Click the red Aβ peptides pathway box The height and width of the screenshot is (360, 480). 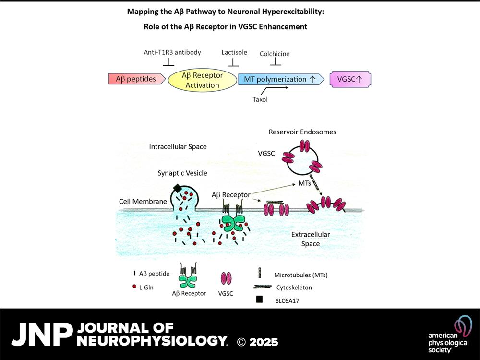[x=137, y=79]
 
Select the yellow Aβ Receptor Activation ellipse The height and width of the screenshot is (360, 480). [x=203, y=80]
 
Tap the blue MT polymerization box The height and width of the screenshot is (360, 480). [x=281, y=79]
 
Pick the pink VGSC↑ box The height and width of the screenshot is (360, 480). [x=350, y=79]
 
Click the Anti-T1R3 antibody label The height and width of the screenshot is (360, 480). [x=172, y=52]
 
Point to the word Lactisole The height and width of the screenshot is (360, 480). [x=234, y=52]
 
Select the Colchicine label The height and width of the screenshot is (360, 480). [x=275, y=54]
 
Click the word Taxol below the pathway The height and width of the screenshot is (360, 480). [x=260, y=99]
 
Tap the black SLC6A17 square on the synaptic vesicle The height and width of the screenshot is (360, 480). [x=177, y=188]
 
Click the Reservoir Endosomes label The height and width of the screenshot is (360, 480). [x=302, y=132]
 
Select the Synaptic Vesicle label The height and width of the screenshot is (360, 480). [x=182, y=173]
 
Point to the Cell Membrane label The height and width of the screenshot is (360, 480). [x=143, y=202]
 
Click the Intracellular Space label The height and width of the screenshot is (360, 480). [x=178, y=146]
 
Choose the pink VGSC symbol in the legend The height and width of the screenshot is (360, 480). [x=226, y=278]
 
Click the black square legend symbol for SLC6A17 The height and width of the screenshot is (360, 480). [x=259, y=299]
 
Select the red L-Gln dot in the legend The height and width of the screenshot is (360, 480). [x=134, y=287]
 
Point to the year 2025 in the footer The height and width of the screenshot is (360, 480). [x=264, y=342]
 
